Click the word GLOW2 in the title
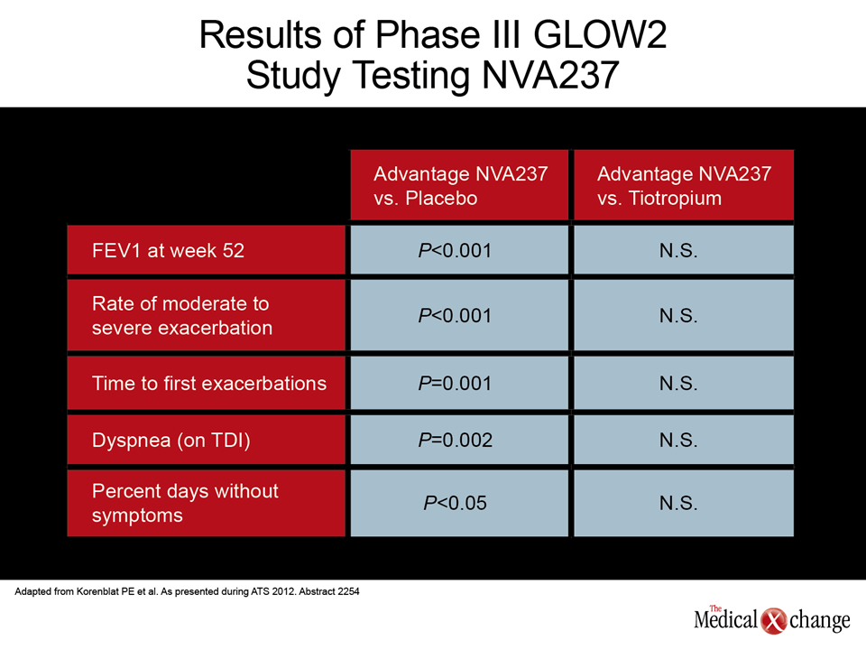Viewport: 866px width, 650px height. click(x=601, y=34)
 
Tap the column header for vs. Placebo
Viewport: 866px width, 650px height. click(x=459, y=185)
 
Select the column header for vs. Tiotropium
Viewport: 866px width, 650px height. click(x=684, y=185)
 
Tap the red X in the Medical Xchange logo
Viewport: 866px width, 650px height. click(x=774, y=621)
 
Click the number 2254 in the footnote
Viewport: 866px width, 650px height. click(x=348, y=591)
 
